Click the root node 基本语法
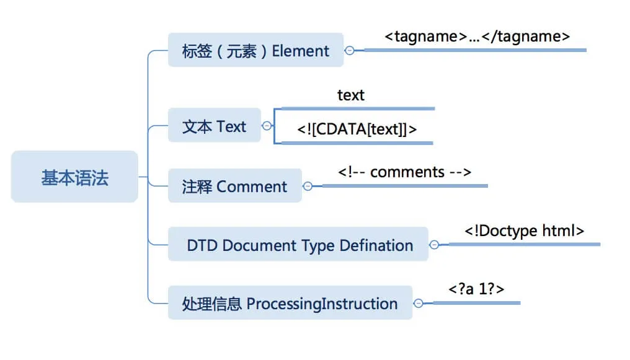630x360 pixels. point(74,178)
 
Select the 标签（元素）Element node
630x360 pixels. point(255,50)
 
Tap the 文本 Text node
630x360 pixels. point(214,126)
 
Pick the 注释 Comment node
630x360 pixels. point(234,186)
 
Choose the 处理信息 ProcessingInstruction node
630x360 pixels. point(290,304)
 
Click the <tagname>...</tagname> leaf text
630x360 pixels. point(477,36)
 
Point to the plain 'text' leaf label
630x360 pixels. point(351,95)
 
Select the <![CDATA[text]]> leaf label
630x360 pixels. point(357,129)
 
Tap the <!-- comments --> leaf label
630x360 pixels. point(405,171)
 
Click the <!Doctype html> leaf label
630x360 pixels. point(524,230)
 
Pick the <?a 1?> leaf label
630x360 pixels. point(476,289)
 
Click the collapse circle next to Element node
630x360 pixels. point(350,50)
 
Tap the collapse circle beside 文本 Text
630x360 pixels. point(267,126)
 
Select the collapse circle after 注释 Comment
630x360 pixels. point(308,185)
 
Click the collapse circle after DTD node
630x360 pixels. point(434,245)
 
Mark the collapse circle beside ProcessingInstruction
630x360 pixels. point(419,303)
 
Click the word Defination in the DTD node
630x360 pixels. point(376,245)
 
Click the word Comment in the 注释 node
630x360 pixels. point(252,186)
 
